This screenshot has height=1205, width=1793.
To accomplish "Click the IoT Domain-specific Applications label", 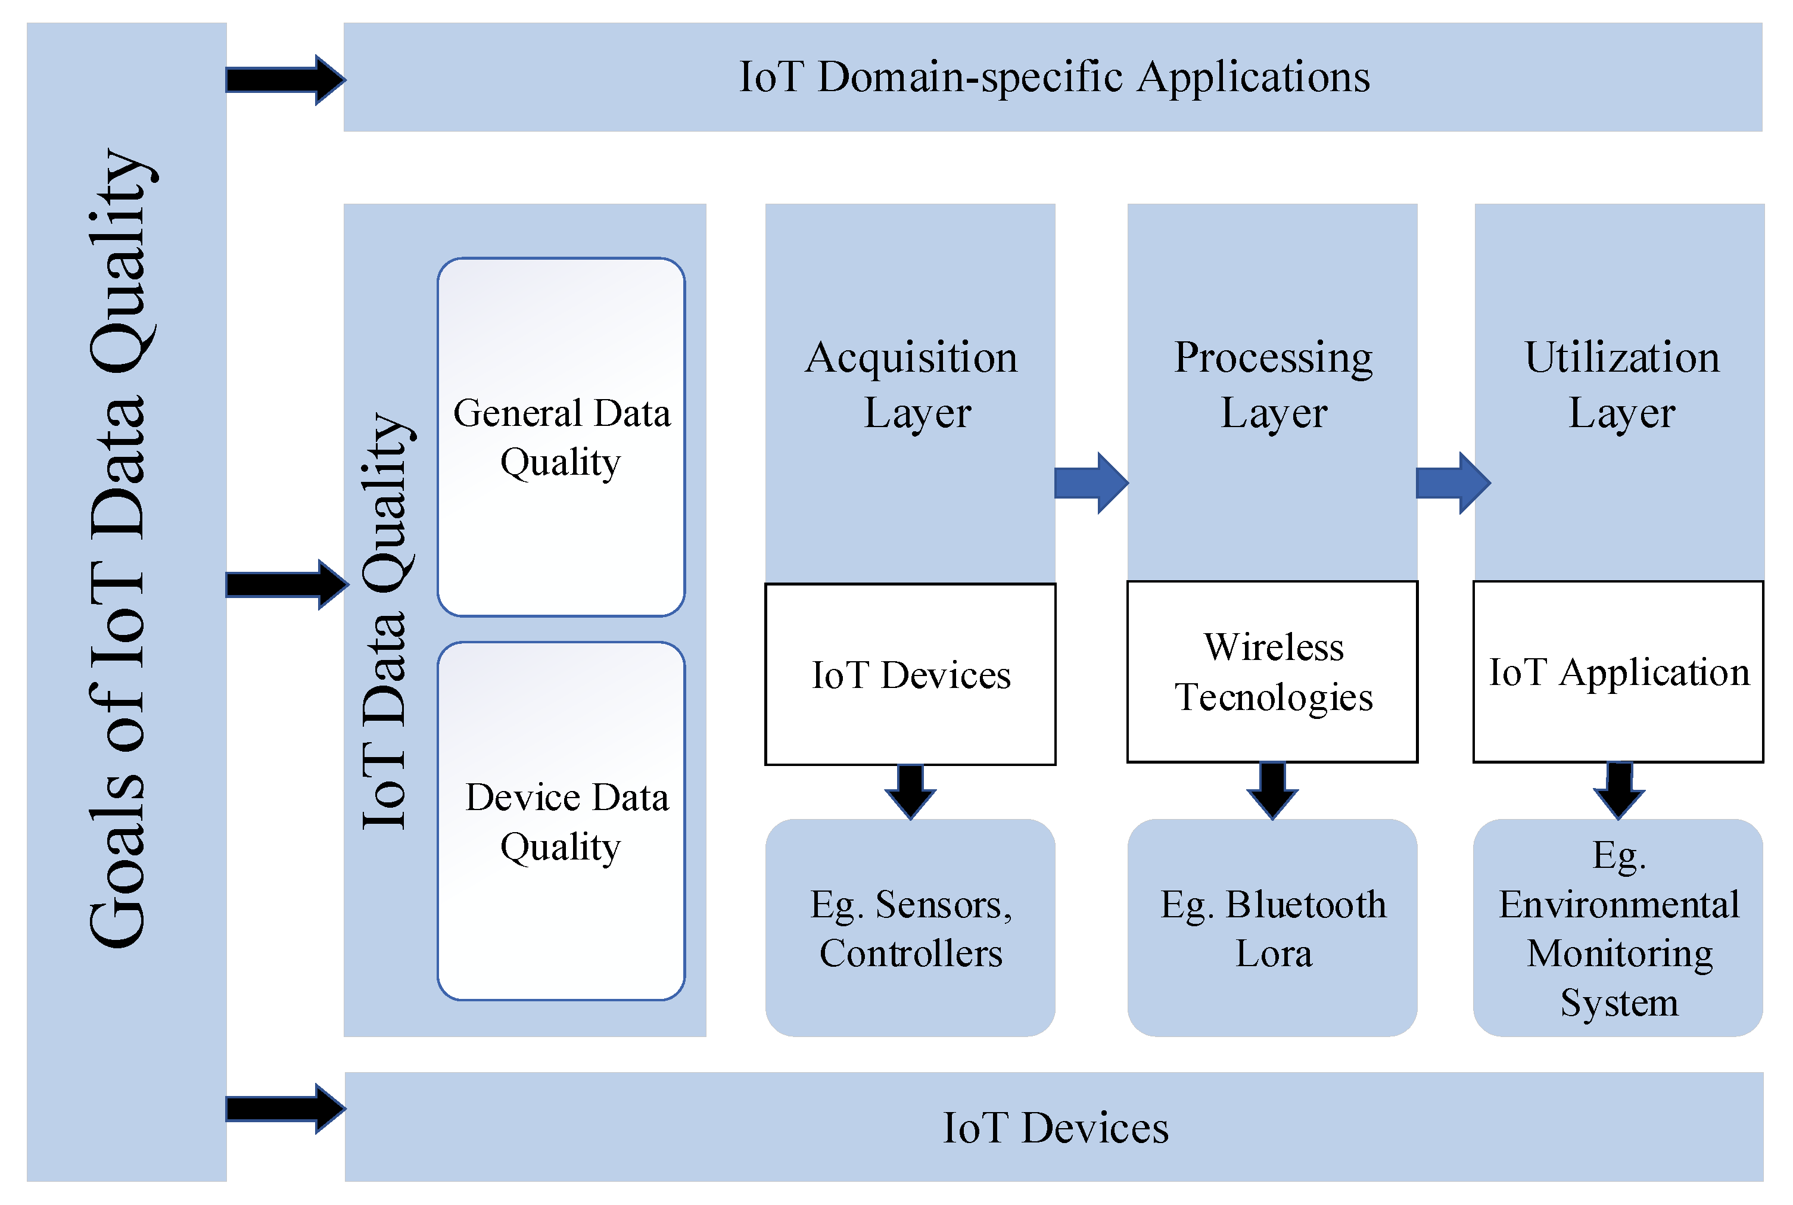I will point(1054,77).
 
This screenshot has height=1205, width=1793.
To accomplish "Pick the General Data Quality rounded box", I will point(561,437).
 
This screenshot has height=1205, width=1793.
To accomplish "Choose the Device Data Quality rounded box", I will point(561,821).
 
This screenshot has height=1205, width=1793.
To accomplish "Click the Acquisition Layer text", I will point(911,384).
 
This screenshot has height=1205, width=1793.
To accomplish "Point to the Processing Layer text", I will point(1274,384).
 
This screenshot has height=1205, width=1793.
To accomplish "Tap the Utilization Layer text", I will point(1621,384).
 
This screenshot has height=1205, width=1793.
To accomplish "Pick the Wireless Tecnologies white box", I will point(1273,672).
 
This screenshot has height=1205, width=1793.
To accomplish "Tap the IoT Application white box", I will point(1618,672).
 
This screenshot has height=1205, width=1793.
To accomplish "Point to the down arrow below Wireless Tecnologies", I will point(1273,790).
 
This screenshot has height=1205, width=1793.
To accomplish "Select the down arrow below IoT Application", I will point(1619,790).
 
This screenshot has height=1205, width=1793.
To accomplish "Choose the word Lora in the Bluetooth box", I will point(1274,954).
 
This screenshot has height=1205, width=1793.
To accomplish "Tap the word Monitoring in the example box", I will point(1619,954).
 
